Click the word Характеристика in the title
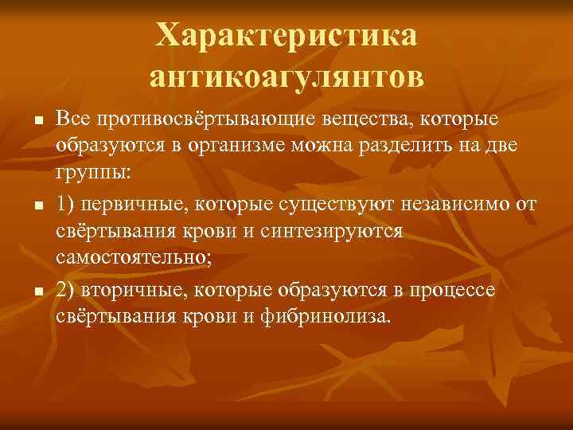(286, 35)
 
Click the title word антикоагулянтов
(286, 76)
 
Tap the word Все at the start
(74, 119)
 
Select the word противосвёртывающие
(206, 119)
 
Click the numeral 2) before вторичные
(67, 289)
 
